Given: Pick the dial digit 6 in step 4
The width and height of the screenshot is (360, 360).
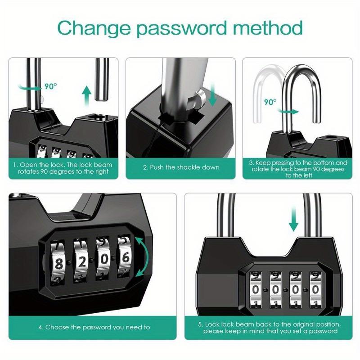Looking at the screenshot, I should [x=125, y=257].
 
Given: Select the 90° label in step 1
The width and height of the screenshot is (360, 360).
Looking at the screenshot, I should [x=51, y=86].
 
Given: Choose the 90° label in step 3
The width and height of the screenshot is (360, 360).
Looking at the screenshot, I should [x=270, y=103].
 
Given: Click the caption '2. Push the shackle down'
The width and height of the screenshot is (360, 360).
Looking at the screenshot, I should [x=181, y=167].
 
